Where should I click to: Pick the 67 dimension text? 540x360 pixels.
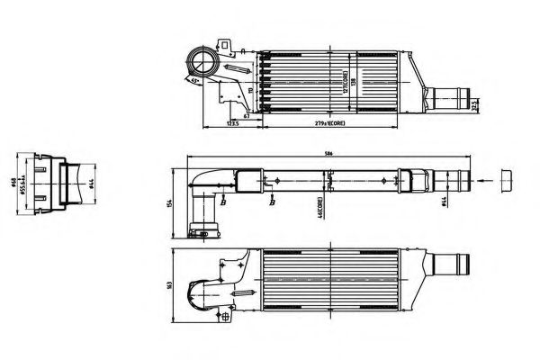[246, 105]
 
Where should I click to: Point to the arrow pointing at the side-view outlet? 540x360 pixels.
[486, 181]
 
